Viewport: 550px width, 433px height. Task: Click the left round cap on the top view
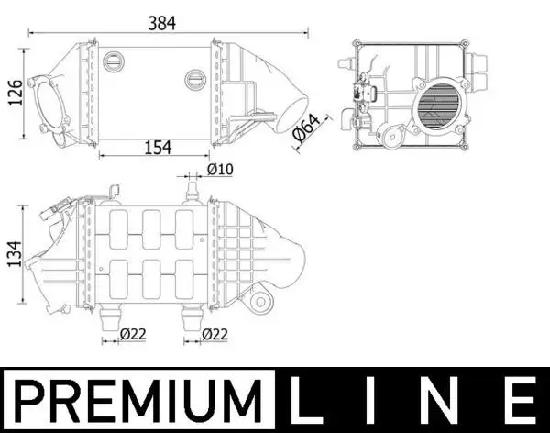click(x=115, y=61)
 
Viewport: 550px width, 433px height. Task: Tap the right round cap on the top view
click(x=195, y=79)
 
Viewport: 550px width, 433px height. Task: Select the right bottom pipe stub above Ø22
click(x=192, y=316)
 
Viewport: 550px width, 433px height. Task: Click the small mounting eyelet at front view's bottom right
click(x=259, y=302)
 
